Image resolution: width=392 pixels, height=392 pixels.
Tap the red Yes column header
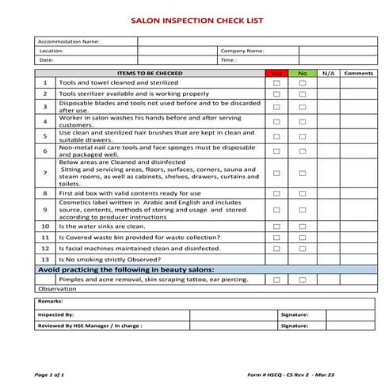click(x=276, y=73)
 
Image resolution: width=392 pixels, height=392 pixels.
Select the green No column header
click(x=302, y=73)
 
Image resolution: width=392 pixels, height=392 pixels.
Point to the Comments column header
click(x=359, y=73)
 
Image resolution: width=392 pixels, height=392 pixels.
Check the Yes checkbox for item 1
click(x=276, y=82)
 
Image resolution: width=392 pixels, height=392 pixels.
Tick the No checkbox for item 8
click(x=302, y=193)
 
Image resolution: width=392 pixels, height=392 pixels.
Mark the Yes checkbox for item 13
click(x=276, y=259)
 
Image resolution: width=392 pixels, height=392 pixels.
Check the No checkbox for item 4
click(x=302, y=121)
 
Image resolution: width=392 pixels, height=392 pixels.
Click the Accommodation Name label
click(x=70, y=41)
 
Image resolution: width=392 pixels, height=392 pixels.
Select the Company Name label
click(x=242, y=51)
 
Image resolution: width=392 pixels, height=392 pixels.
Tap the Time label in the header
click(x=229, y=59)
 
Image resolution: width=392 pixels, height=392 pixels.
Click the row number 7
click(x=45, y=172)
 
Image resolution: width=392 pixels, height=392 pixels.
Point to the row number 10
click(x=45, y=226)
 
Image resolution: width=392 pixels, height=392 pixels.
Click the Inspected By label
click(x=56, y=314)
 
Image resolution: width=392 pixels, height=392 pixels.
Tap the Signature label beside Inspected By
click(x=294, y=314)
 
